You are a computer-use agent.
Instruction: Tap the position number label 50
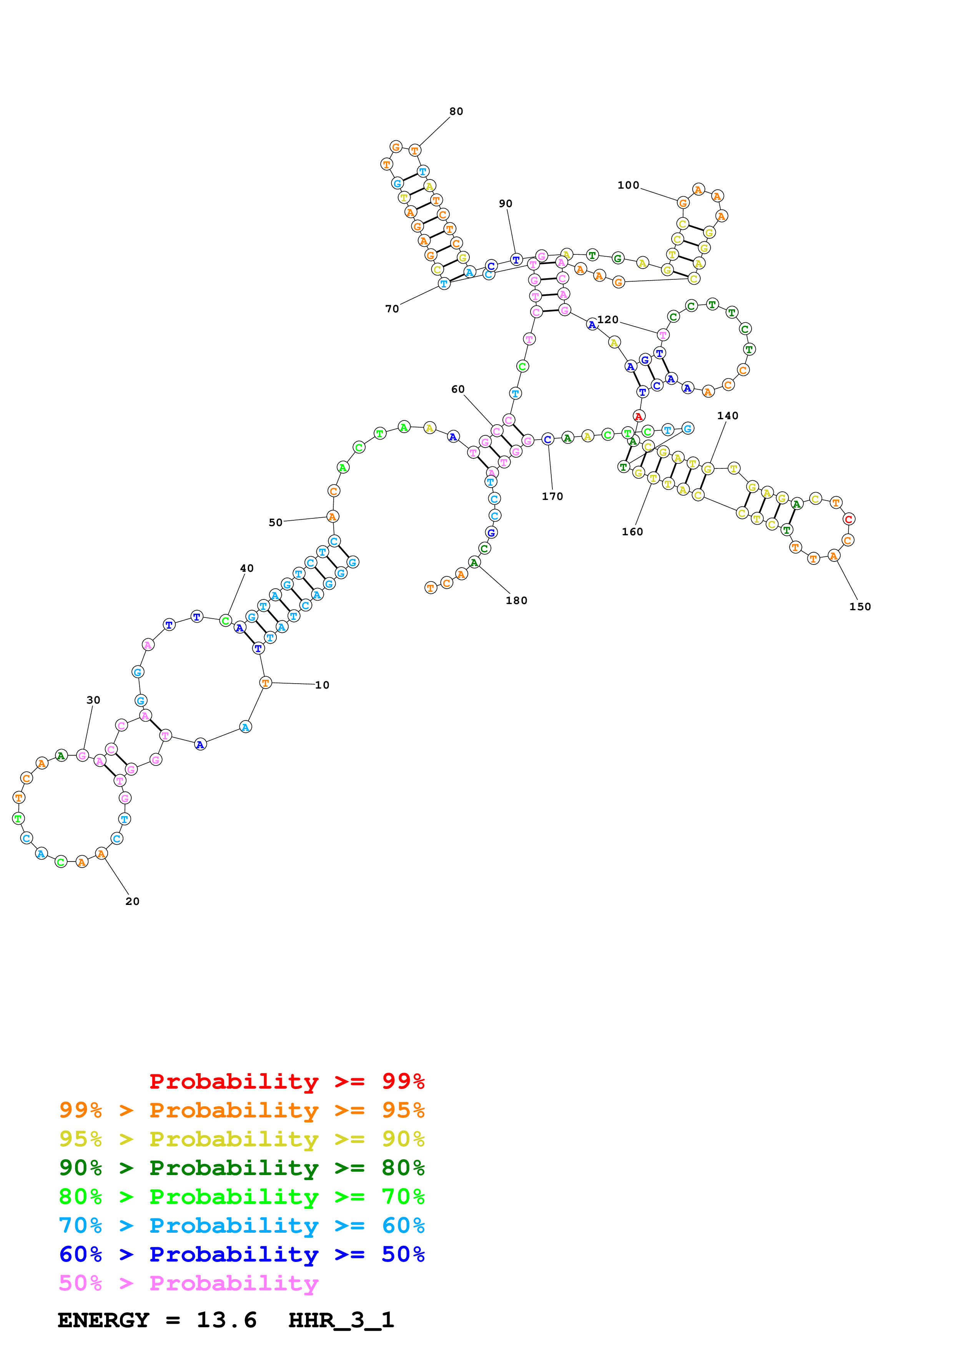pos(275,523)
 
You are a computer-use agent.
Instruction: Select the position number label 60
pos(457,389)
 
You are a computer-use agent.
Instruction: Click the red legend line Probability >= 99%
pos(286,1081)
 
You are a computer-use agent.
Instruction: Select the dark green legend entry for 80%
pos(241,1168)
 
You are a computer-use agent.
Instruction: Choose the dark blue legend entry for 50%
pos(241,1254)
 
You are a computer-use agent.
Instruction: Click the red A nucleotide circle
pos(639,416)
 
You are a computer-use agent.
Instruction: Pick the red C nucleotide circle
pos(848,519)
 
